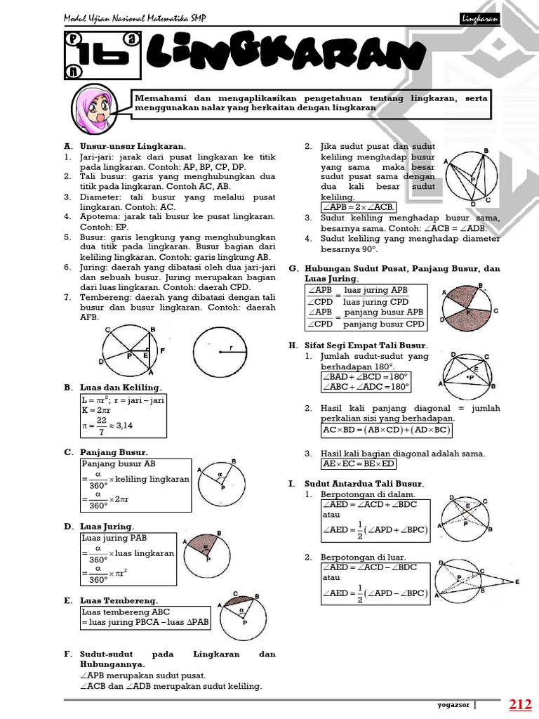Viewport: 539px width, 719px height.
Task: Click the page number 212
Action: click(x=520, y=704)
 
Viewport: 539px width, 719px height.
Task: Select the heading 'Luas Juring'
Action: click(x=107, y=526)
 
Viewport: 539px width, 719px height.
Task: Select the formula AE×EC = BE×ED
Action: click(x=358, y=464)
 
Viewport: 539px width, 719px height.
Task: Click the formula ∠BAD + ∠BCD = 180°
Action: click(x=365, y=376)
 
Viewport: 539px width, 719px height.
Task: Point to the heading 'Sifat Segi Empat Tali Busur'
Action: click(x=365, y=345)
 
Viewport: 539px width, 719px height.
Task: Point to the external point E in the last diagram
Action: click(x=517, y=583)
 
